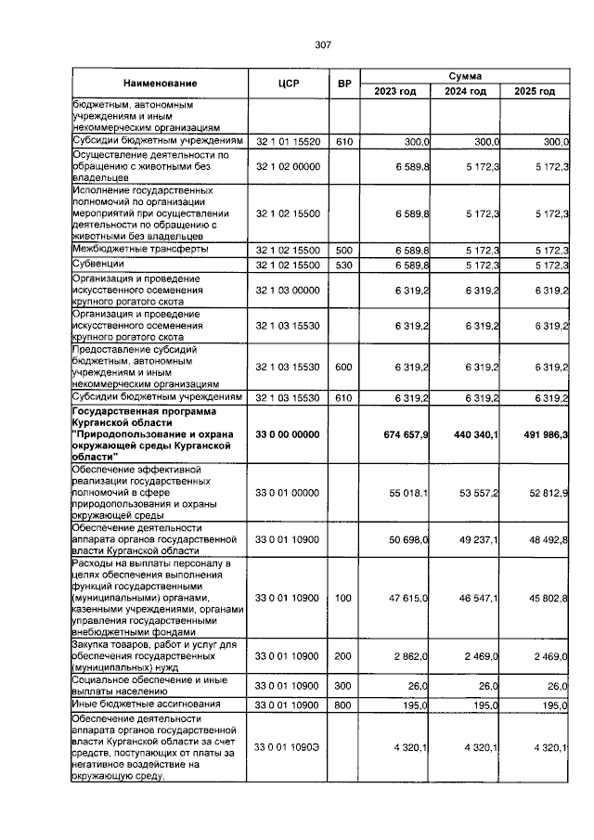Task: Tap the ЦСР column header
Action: pyautogui.click(x=288, y=84)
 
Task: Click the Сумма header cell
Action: pyautogui.click(x=464, y=75)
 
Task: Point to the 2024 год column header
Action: pyautogui.click(x=465, y=91)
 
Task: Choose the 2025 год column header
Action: pyautogui.click(x=535, y=91)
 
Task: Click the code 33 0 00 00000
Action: pyautogui.click(x=288, y=434)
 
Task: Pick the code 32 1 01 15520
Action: pyautogui.click(x=288, y=141)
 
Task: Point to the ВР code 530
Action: pyautogui.click(x=344, y=265)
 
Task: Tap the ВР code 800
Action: pyautogui.click(x=344, y=705)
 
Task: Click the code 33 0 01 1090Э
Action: pyautogui.click(x=288, y=747)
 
